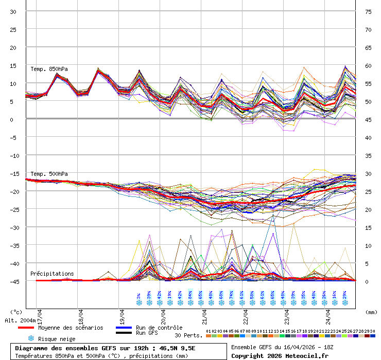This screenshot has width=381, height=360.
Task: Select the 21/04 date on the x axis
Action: [x=204, y=314]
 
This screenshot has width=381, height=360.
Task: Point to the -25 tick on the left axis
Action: [x=13, y=209]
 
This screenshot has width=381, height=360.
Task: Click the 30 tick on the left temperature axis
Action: [x=13, y=11]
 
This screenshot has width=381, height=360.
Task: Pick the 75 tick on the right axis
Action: [x=368, y=11]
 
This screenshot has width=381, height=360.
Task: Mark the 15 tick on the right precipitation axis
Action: [x=368, y=227]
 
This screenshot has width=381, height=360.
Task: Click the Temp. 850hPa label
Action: [x=49, y=69]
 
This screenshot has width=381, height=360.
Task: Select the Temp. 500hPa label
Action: [x=49, y=174]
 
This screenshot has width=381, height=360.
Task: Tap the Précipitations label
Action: [x=52, y=274]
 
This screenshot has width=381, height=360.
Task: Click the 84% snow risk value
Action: [x=190, y=295]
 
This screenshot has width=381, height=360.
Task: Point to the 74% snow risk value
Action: [x=232, y=295]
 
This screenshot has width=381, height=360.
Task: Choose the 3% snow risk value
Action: [x=139, y=296]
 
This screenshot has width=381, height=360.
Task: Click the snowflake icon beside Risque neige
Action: [x=31, y=338]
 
